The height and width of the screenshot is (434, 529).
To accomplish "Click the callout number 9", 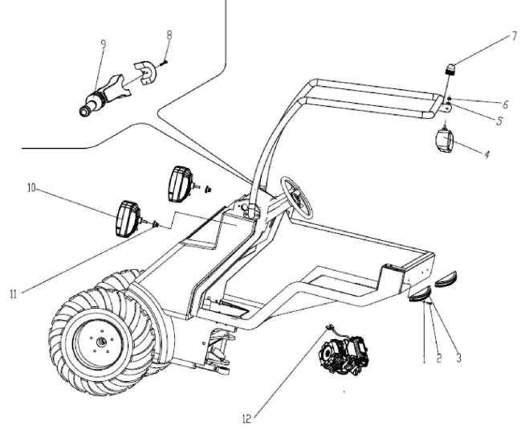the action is pos(104,44).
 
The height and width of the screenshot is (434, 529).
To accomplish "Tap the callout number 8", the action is pos(169,35).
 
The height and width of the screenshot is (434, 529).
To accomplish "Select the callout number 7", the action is pos(515,36).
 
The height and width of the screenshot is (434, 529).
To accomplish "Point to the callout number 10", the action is pos(31,188).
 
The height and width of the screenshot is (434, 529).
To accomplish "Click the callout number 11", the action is pos(13,294).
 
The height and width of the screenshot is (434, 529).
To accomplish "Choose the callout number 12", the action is pos(247,420).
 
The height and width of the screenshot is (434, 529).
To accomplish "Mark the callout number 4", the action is pos(486,154).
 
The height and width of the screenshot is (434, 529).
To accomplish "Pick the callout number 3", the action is pos(458,358).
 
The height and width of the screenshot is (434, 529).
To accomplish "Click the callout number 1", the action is pos(425,359).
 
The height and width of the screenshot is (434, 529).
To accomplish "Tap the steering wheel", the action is pos(297,197).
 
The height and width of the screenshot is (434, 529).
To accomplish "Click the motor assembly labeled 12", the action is pos(344,354).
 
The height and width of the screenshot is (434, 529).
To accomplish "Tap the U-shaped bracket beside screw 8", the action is pos(144,72).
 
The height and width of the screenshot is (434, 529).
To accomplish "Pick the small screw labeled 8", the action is pos(163,63).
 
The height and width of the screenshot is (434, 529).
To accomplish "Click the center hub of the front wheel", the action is pos(102,342).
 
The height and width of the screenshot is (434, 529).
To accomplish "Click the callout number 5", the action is pos(499,121).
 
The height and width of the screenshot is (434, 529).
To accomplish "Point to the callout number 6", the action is pos(505,104).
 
